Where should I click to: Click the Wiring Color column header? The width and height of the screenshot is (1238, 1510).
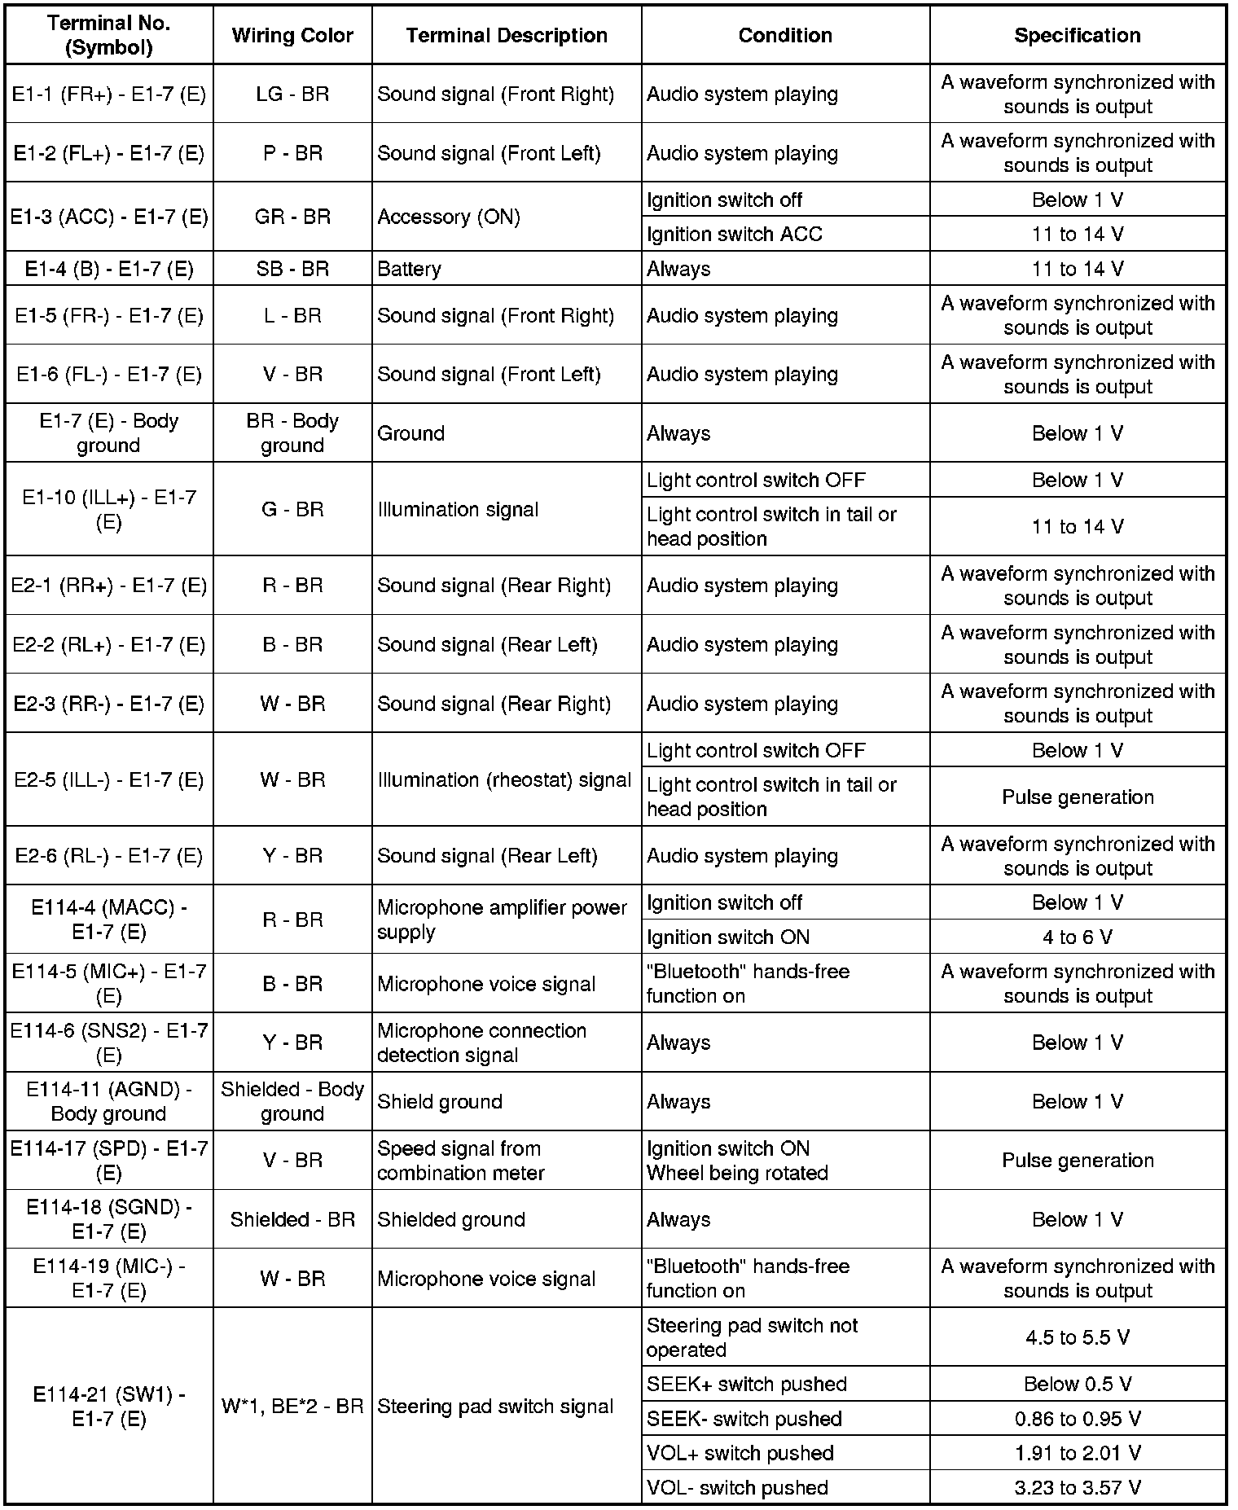292,35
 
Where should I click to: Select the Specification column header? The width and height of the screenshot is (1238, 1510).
1077,35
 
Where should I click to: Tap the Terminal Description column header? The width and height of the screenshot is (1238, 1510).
507,35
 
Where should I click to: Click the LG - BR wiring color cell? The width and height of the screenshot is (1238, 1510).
292,94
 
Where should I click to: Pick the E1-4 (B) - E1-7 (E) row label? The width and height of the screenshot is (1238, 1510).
109,269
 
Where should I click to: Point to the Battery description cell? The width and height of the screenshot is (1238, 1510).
410,269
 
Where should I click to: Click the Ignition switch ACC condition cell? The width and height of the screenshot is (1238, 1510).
735,234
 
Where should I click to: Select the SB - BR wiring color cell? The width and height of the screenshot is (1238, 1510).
292,269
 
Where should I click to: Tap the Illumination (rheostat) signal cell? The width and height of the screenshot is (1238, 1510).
504,779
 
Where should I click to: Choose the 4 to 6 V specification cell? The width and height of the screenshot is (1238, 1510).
1077,937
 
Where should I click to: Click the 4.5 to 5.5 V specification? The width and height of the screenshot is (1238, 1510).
1077,1337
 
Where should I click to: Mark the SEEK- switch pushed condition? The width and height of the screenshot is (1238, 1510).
744,1418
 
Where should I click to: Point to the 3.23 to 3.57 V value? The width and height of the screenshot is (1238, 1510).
1077,1487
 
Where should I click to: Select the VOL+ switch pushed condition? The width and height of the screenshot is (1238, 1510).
740,1453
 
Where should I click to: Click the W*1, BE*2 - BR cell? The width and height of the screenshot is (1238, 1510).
292,1407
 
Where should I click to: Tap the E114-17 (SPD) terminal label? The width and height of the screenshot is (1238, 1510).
109,1160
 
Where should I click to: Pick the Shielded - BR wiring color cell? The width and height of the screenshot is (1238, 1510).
292,1219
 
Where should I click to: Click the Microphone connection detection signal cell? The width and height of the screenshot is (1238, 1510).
481,1043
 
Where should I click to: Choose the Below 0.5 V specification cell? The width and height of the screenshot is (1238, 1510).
1077,1384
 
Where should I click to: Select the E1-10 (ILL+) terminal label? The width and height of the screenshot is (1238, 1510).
109,509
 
